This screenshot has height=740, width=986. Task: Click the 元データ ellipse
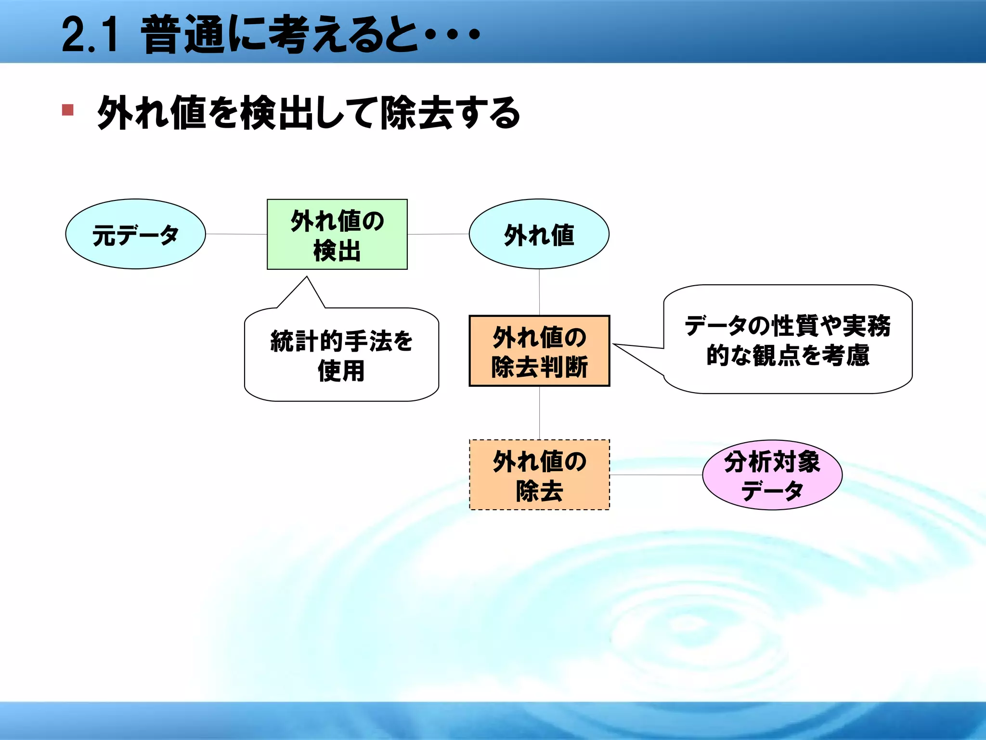coord(135,234)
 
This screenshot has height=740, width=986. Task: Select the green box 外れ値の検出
coord(337,234)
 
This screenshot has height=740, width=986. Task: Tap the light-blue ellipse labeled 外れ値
coord(539,234)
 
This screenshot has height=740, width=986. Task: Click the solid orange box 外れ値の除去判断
coord(539,351)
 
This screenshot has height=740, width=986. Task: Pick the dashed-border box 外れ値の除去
coord(539,475)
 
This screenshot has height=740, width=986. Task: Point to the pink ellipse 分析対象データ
coord(772,475)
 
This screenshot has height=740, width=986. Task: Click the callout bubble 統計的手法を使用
coord(341,355)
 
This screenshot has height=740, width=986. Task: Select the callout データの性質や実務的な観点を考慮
coord(788,340)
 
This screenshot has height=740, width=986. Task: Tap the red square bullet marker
coord(68,110)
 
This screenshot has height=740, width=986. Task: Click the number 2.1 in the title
coord(90,35)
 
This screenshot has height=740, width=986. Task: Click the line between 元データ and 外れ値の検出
coord(236,234)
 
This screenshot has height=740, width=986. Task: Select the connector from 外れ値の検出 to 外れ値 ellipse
coord(438,234)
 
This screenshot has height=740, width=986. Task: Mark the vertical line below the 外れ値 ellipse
coord(539,292)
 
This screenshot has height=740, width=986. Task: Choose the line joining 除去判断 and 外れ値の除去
coord(539,413)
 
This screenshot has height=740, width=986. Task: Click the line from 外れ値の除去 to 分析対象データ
coord(656,475)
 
